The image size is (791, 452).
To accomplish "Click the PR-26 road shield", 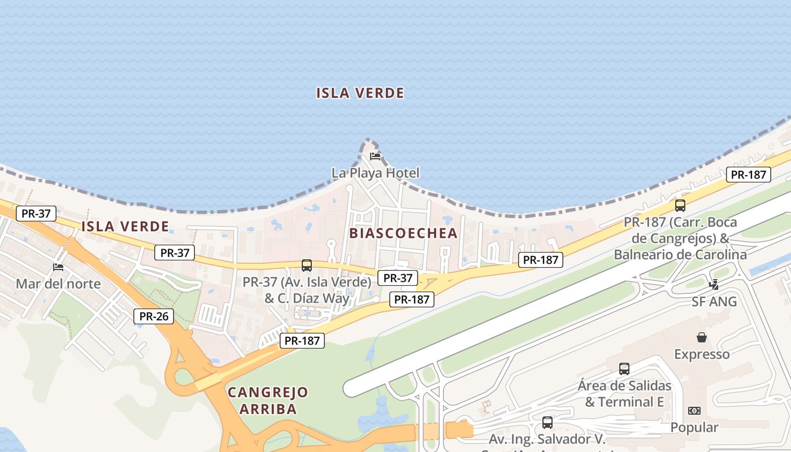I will click(154, 316).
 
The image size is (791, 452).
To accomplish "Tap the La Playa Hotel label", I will click(376, 173).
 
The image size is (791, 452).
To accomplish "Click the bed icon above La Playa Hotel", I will click(375, 156).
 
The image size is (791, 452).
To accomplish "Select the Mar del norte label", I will click(58, 284).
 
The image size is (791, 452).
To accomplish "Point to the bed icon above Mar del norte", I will click(58, 267).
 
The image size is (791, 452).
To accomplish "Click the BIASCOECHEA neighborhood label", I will click(403, 233).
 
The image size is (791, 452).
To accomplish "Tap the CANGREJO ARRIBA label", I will click(268, 401).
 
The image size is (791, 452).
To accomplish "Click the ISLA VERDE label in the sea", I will click(360, 93).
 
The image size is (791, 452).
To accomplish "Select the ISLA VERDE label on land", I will click(125, 227).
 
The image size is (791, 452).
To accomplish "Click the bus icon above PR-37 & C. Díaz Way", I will click(307, 265).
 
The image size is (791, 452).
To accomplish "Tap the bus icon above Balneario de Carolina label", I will click(680, 206).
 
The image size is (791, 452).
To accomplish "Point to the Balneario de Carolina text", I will click(680, 255).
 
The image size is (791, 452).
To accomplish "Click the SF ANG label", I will click(714, 302).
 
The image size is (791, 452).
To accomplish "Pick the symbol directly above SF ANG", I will click(714, 284).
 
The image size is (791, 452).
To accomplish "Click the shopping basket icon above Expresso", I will click(702, 337).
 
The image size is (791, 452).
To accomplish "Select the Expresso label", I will click(702, 354).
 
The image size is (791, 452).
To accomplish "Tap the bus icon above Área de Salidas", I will click(624, 369).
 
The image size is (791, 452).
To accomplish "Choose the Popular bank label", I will click(694, 428).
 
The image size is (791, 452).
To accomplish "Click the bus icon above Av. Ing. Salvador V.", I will click(547, 422).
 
